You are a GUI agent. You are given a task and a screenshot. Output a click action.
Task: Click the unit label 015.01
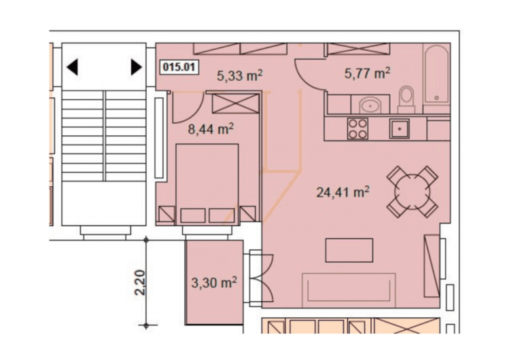point(179,67)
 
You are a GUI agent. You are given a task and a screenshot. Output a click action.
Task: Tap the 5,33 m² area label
point(240,75)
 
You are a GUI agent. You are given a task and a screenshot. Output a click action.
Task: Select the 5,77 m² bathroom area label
point(367,73)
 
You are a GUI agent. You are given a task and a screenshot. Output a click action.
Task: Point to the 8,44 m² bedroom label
point(211,129)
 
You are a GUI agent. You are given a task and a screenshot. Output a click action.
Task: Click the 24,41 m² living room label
point(343,192)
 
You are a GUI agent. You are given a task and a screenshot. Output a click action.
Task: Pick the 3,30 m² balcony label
point(214,283)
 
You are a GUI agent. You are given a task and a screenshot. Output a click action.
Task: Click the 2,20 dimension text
point(140,283)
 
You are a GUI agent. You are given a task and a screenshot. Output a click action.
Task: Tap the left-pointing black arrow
point(72,67)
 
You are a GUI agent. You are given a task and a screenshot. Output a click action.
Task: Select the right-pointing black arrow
point(136,67)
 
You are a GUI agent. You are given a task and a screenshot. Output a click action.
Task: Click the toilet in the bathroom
point(406,99)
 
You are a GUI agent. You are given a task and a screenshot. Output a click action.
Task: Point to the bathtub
point(436,74)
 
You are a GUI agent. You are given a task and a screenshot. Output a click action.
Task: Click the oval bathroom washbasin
point(370,105)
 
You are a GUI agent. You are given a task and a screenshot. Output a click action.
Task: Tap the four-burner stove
point(358,128)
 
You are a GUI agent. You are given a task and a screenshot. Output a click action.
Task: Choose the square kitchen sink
point(400,129)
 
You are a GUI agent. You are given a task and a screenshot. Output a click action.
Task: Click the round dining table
point(412,192)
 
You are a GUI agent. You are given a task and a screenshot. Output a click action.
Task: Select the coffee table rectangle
point(349,250)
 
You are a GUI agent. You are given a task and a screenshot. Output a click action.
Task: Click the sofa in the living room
point(349,290)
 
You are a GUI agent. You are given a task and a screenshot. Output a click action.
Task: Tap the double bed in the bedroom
point(207,184)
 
